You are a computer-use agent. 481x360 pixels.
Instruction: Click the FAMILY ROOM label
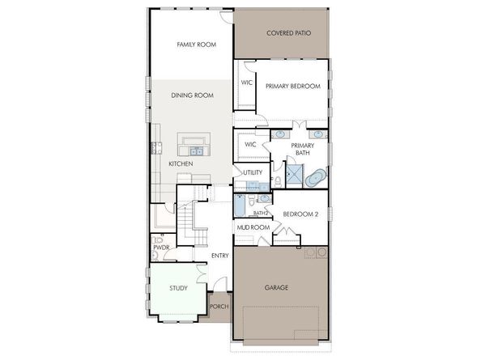click(x=197, y=44)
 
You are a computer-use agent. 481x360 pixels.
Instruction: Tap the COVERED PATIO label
click(x=289, y=33)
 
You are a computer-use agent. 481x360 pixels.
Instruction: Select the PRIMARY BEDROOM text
click(x=292, y=86)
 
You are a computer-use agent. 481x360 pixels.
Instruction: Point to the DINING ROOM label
click(x=192, y=95)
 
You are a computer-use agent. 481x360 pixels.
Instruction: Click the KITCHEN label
click(x=181, y=164)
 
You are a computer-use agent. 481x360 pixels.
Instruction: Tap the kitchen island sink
click(x=195, y=150)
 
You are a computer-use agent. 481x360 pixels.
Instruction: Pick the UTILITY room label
click(x=252, y=173)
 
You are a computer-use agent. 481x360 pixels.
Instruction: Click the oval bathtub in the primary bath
click(x=315, y=176)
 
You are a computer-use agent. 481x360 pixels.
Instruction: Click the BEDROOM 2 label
click(x=299, y=214)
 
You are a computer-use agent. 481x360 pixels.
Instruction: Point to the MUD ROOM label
click(x=252, y=228)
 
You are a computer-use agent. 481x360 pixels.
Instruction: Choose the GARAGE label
click(x=277, y=287)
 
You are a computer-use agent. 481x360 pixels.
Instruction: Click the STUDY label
click(x=178, y=288)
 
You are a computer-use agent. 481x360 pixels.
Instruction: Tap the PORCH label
click(x=219, y=307)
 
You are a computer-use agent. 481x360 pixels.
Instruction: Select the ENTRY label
click(x=219, y=256)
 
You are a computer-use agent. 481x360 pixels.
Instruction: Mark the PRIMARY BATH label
click(x=314, y=149)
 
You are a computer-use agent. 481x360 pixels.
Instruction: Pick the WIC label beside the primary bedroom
click(x=247, y=82)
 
